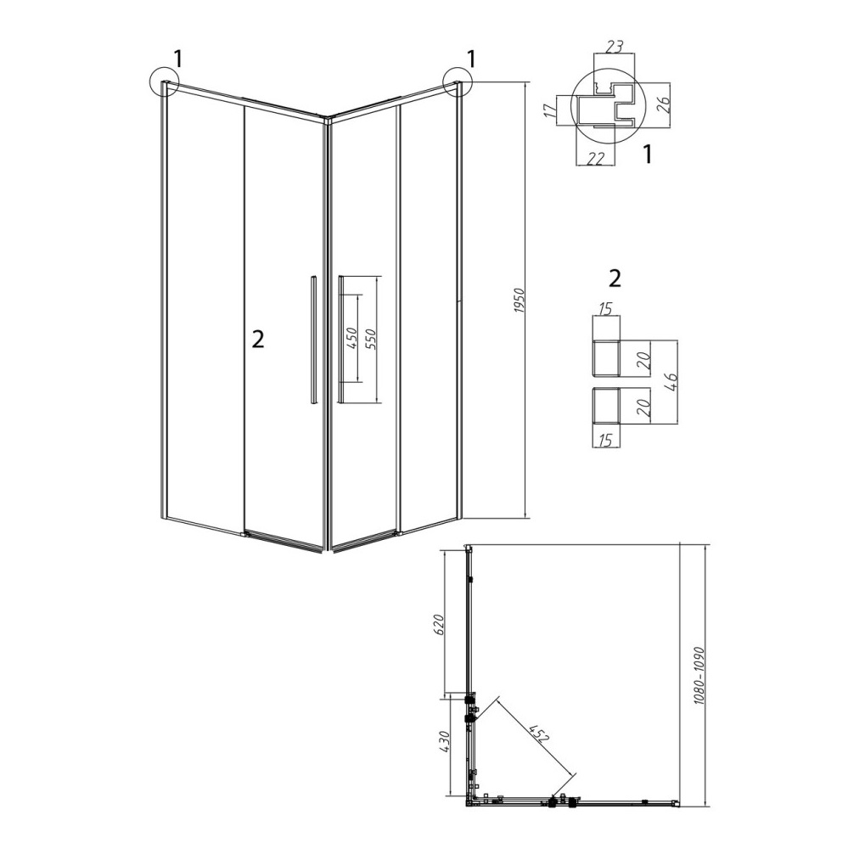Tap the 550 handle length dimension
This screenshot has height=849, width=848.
click(372, 340)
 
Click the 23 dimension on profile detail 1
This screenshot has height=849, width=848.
click(613, 46)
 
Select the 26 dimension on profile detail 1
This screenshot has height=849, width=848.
click(664, 104)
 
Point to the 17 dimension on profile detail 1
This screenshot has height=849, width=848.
click(549, 111)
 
